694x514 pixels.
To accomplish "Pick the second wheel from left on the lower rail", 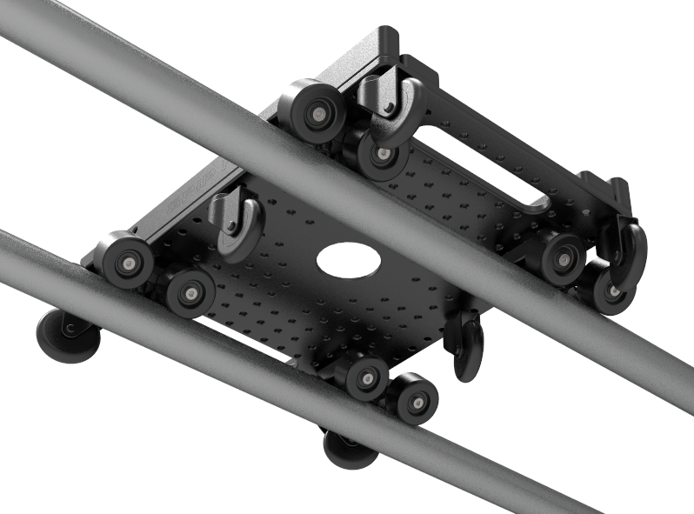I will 190,291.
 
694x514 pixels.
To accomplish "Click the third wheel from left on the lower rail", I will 367,377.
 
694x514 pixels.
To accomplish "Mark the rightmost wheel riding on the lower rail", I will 416,401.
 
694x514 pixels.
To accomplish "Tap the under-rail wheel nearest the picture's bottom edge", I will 348,449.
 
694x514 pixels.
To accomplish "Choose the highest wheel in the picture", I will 313,111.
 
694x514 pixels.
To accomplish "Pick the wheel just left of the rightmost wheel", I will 562,257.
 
